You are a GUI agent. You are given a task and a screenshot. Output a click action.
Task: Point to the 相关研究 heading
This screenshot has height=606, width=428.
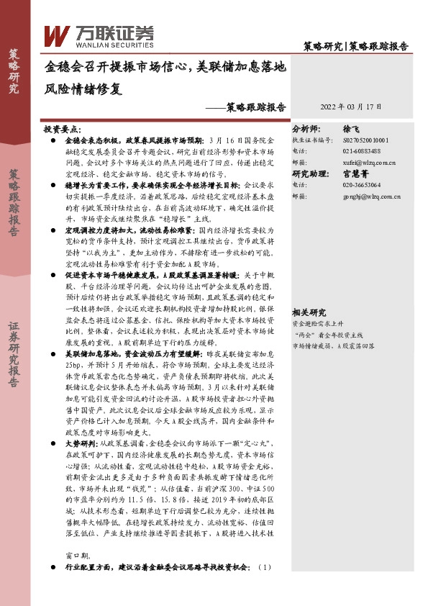(x=309, y=312)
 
